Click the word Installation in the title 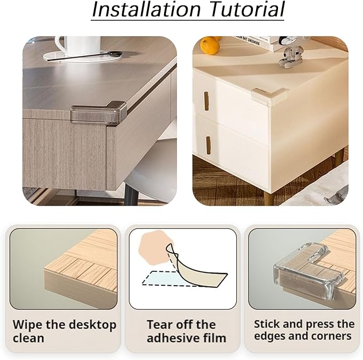point(146,9)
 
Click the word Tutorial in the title point(247,9)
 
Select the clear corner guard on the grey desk point(99,113)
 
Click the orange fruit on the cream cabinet point(210,45)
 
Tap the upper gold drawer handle point(206,100)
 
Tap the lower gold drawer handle point(208,145)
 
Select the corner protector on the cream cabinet point(269,97)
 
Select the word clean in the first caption point(28,338)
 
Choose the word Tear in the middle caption point(157,324)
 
